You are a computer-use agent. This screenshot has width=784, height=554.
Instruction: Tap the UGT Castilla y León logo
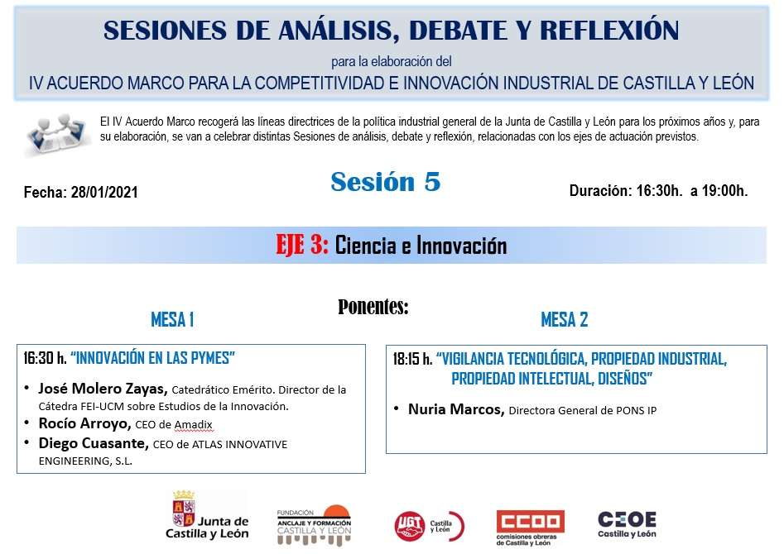[430, 526]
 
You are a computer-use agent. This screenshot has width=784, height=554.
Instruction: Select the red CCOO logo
[530, 527]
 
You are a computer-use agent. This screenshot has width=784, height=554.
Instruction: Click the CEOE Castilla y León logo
[627, 524]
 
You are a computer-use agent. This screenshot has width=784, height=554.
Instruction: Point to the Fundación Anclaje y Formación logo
[314, 525]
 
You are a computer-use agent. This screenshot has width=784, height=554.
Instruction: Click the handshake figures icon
[56, 133]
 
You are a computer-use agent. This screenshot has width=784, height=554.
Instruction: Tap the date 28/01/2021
[104, 193]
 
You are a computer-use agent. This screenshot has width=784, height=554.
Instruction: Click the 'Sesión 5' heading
[386, 182]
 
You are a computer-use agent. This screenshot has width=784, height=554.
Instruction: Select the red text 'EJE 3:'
[302, 245]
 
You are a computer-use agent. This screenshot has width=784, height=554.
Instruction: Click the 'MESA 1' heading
[172, 320]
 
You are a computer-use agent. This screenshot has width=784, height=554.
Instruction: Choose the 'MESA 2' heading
[565, 320]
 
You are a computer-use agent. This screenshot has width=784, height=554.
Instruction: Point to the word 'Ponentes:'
[373, 306]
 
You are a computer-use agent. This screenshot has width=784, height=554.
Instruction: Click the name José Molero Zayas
[103, 389]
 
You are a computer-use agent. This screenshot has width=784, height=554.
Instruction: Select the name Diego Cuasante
[94, 443]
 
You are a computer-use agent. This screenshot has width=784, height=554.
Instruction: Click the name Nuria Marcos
[456, 409]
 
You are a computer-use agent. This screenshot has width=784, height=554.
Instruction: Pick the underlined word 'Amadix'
[194, 425]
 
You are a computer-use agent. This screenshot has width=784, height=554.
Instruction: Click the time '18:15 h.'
[412, 359]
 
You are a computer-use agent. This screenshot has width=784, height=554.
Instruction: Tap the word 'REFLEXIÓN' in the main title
[609, 31]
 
